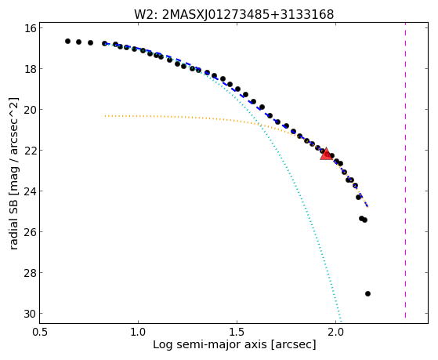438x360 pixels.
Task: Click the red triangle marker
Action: coord(326,155)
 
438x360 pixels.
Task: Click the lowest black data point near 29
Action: coord(368,293)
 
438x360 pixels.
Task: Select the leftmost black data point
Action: coord(67,41)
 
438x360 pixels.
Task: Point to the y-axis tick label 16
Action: coord(30,28)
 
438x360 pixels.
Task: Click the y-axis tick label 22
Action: coord(30,151)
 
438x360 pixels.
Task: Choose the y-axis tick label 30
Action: coord(30,314)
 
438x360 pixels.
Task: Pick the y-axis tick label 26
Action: coord(30,232)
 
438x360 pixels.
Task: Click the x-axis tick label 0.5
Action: coord(41,332)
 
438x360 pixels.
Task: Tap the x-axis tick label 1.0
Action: coord(138,332)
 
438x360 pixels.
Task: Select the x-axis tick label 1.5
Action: coord(237,332)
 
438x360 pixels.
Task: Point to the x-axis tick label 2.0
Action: coord(335,332)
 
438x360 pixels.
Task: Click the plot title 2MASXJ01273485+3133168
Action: coord(248,15)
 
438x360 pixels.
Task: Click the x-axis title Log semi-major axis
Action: coord(210,344)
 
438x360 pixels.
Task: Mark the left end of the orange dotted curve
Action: coord(105,115)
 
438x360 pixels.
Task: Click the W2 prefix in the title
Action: coord(145,15)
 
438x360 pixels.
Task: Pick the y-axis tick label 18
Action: coord(30,69)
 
